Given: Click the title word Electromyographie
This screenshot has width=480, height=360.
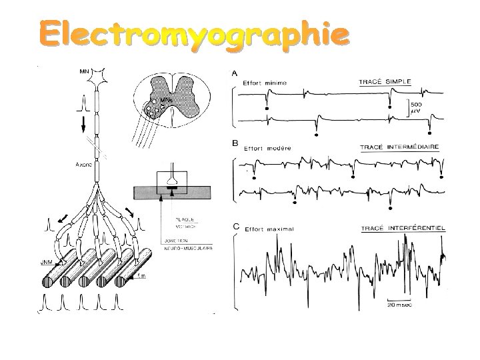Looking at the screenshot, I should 193,35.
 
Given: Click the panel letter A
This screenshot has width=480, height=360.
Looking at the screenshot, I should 234,73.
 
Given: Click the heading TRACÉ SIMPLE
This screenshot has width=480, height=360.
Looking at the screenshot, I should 385,82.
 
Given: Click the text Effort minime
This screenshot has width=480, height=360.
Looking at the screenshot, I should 265,83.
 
